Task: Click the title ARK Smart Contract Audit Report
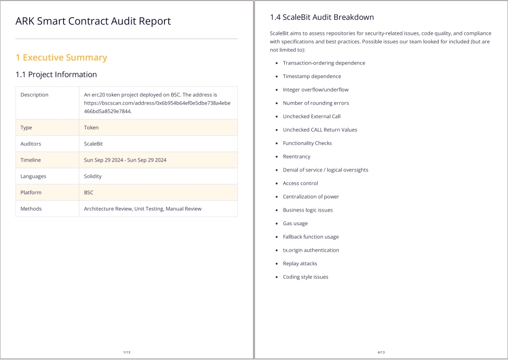93,21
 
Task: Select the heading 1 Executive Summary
61,57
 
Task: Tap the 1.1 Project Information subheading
56,75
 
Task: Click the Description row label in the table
34,95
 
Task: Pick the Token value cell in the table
91,128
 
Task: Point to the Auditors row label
31,144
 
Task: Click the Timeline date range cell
125,160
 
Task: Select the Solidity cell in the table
93,176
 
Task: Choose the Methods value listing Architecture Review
143,208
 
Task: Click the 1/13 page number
126,353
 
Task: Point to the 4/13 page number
381,353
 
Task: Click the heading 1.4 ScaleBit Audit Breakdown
322,17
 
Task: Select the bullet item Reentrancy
296,156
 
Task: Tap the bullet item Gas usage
295,224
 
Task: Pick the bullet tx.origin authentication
311,250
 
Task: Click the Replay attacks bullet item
300,264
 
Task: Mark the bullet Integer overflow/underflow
315,90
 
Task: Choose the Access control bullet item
300,183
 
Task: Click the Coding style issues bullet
306,277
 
